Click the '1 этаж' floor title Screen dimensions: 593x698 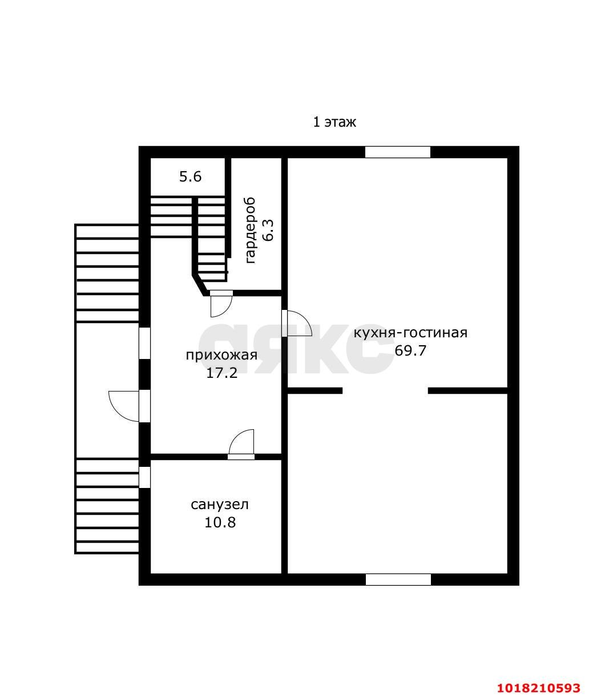[x=334, y=122]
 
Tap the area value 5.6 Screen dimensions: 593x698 [x=190, y=176]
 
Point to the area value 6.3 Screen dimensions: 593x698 [x=269, y=230]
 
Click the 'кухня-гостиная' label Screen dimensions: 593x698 [x=410, y=333]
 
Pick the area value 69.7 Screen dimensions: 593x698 [x=410, y=351]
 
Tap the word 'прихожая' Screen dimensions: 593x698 [x=221, y=355]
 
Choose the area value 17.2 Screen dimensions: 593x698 [x=221, y=373]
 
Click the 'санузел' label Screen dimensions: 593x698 [x=220, y=505]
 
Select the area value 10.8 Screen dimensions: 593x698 [x=220, y=522]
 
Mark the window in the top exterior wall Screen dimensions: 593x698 [x=397, y=152]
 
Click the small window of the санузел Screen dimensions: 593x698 [x=144, y=477]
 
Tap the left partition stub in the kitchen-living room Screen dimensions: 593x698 [x=314, y=391]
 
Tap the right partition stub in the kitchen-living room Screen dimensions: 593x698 [x=467, y=391]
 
